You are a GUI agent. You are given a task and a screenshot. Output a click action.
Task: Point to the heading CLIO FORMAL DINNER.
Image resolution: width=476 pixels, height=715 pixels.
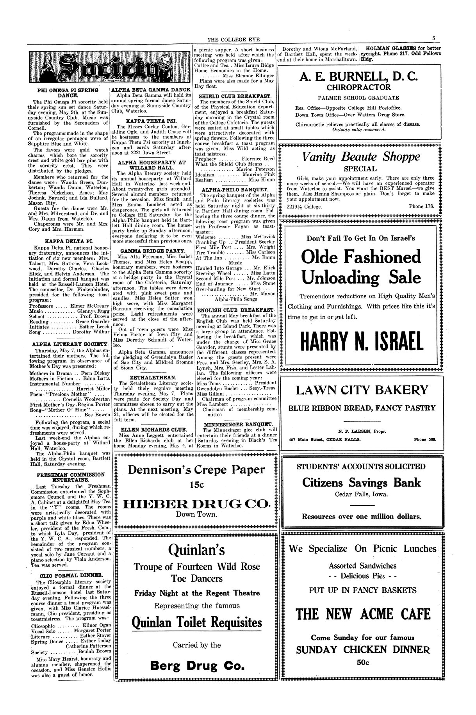pyautogui.click(x=71, y=575)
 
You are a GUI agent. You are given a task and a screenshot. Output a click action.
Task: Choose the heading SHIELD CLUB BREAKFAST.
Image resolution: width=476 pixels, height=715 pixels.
pyautogui.click(x=235, y=96)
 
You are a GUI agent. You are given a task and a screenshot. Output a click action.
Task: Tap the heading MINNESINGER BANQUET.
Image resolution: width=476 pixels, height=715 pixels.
pyautogui.click(x=238, y=424)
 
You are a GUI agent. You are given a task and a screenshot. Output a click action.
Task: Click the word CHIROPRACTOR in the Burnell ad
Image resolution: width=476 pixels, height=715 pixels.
pyautogui.click(x=358, y=87)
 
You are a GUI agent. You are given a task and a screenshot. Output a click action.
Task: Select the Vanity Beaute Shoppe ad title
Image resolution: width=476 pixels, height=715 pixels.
pyautogui.click(x=361, y=157)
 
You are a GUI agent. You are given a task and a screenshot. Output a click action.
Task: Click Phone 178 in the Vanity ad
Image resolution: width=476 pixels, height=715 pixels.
pyautogui.click(x=421, y=206)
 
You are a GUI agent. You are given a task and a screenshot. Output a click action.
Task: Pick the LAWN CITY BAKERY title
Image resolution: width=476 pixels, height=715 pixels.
pyautogui.click(x=362, y=390)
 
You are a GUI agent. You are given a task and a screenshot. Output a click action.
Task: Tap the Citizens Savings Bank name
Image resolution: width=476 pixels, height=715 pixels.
pyautogui.click(x=362, y=482)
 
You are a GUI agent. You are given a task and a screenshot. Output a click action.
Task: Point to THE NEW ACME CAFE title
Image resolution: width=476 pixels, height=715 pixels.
pyautogui.click(x=363, y=614)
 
